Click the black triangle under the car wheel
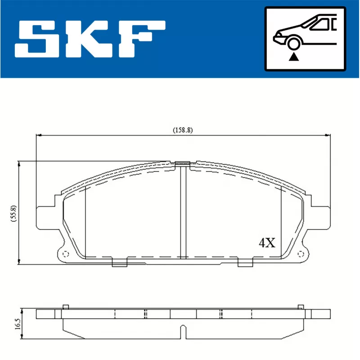[294, 56]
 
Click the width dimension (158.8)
[183, 130]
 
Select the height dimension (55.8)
[13, 213]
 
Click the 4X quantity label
[266, 243]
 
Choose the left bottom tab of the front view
[119, 263]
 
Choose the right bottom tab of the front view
[245, 263]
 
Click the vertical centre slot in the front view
[183, 211]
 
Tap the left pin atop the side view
[65, 307]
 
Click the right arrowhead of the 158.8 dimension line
[328, 134]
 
